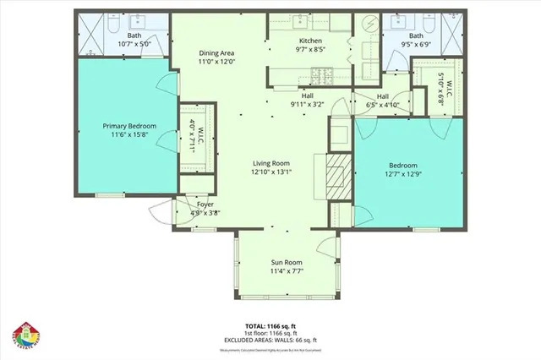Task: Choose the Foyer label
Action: pos(205,205)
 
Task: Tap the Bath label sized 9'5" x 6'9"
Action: pos(415,36)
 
